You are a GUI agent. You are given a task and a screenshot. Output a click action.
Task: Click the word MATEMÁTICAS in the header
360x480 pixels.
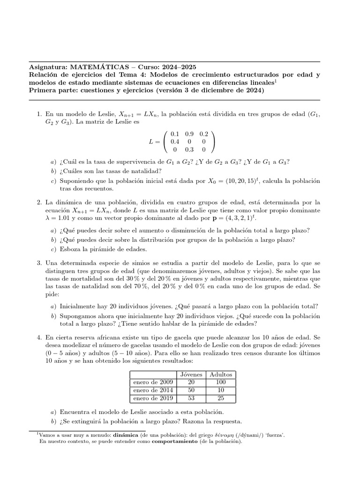pos(94,67)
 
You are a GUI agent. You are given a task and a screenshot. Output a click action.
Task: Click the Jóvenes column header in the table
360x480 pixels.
pos(191,375)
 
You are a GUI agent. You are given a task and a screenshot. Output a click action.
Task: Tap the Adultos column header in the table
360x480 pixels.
pos(220,375)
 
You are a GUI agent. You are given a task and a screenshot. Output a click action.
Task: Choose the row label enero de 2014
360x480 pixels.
pos(153,390)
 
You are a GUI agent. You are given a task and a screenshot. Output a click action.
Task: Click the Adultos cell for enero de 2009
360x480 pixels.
pos(220,382)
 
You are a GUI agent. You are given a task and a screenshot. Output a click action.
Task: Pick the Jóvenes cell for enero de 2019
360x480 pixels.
pos(191,398)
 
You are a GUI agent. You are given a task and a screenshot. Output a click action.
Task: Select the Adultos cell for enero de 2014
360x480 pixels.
pos(220,390)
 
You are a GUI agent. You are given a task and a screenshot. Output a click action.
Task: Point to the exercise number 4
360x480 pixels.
pos(39,337)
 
